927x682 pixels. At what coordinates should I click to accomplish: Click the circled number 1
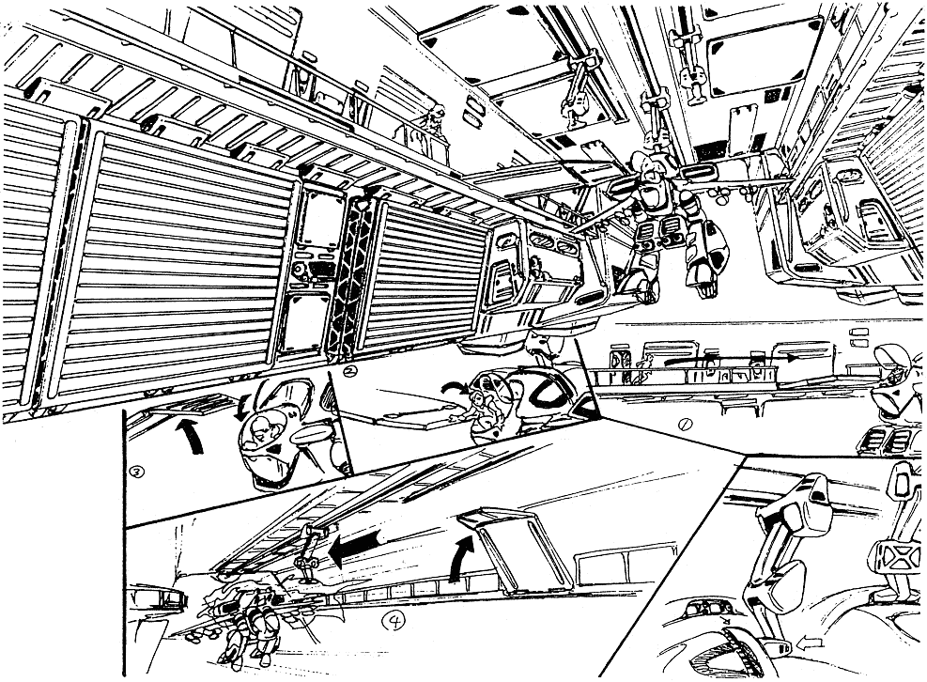click(x=685, y=426)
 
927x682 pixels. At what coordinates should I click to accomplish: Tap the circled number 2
click(x=350, y=371)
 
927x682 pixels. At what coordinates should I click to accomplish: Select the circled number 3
click(x=136, y=472)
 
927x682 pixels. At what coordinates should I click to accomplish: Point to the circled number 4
click(x=394, y=620)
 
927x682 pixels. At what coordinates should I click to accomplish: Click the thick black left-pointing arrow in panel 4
click(x=354, y=547)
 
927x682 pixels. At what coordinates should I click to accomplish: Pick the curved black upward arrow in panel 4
click(x=460, y=558)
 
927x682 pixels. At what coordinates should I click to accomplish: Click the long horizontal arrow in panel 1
click(x=730, y=359)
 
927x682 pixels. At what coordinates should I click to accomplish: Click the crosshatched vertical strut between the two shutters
click(x=348, y=280)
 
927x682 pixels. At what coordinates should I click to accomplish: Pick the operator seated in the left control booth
click(x=537, y=269)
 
